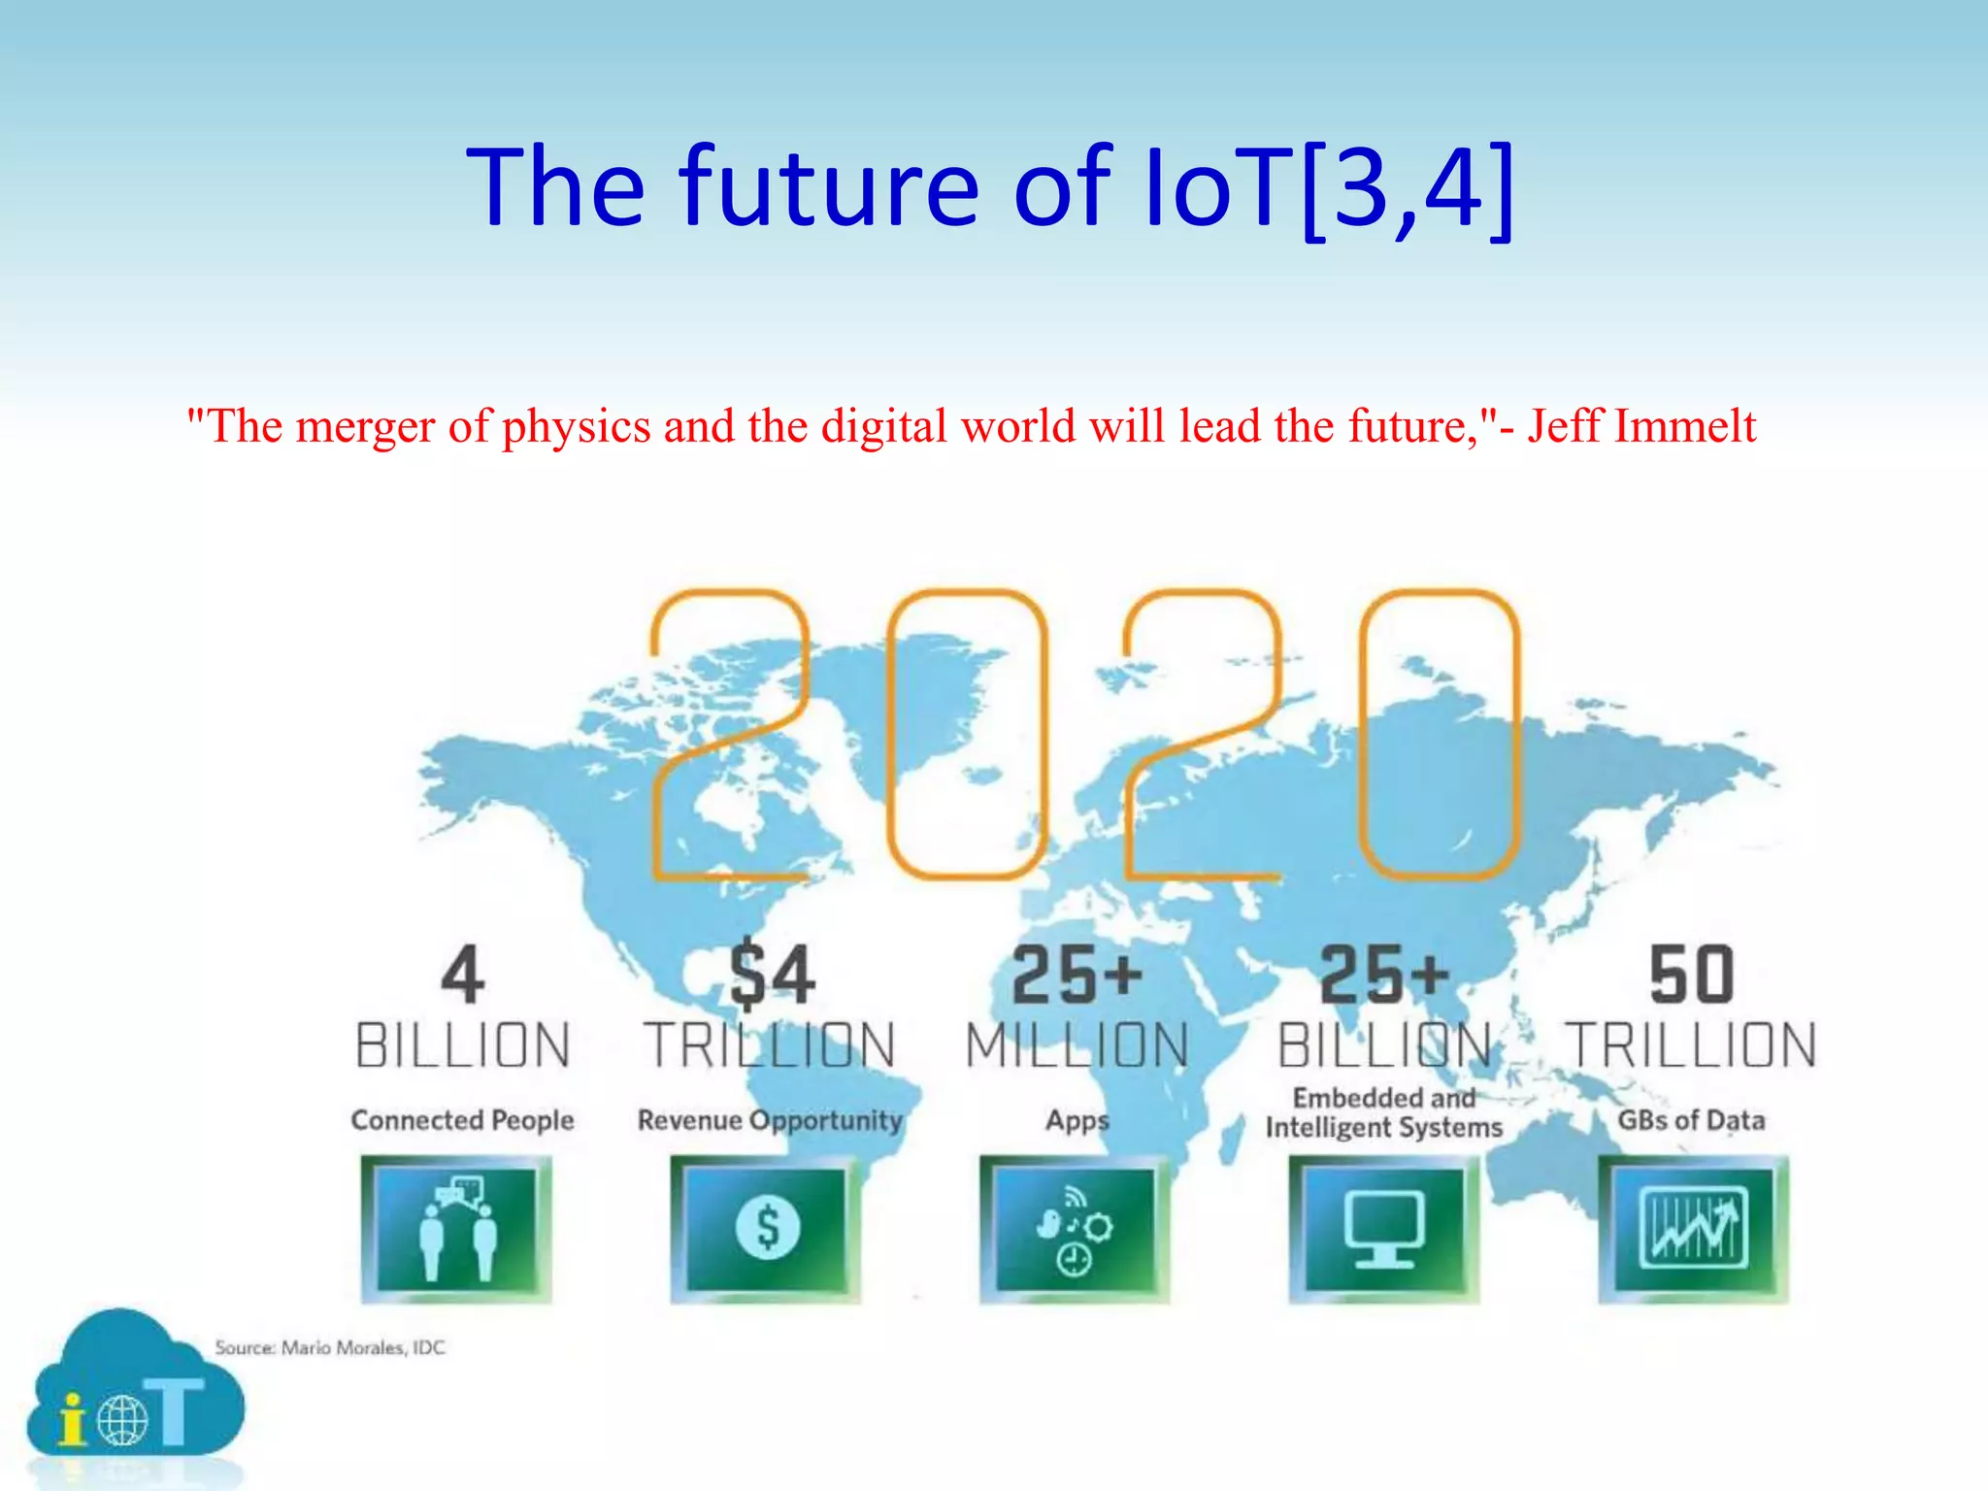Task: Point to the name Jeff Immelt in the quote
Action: [1641, 425]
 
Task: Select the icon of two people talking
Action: [456, 1229]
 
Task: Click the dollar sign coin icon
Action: [766, 1229]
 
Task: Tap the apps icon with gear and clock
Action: [1075, 1229]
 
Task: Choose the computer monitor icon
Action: [1384, 1229]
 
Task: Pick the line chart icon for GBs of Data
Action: [1693, 1229]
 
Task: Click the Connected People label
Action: [462, 1120]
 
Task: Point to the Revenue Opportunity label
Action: [770, 1120]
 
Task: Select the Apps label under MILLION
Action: [1077, 1120]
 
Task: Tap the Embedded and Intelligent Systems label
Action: [1384, 1112]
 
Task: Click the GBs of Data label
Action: [1691, 1120]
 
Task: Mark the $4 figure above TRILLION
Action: [772, 973]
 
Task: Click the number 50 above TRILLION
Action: [1691, 975]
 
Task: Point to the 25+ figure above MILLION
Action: [1077, 975]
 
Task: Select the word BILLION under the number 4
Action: [462, 1045]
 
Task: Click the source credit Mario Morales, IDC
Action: [330, 1347]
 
